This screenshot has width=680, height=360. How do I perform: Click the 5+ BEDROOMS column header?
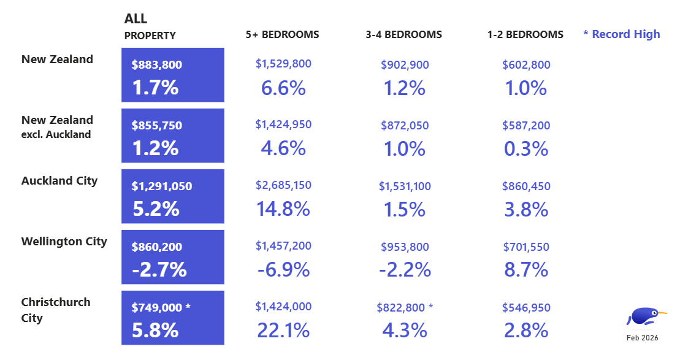click(x=282, y=34)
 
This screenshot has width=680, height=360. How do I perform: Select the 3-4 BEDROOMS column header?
click(x=403, y=34)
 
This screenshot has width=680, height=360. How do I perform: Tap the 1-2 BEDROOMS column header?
click(x=525, y=34)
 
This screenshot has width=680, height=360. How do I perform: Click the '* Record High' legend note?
click(x=621, y=34)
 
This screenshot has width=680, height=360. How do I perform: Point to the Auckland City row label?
click(x=59, y=181)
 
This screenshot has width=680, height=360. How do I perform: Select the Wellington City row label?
click(x=64, y=242)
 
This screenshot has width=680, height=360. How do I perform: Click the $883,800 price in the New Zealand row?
click(x=157, y=64)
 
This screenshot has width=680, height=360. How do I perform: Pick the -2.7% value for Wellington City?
click(x=159, y=269)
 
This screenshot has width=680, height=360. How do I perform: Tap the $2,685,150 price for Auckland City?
click(x=283, y=185)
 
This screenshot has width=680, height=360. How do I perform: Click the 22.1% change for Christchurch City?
click(x=283, y=331)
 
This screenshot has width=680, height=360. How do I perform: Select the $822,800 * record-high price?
click(x=405, y=307)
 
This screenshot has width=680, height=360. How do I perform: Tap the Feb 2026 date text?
click(x=642, y=338)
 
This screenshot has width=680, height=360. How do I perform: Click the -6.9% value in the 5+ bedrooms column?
click(x=283, y=269)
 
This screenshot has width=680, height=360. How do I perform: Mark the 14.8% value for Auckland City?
click(x=283, y=209)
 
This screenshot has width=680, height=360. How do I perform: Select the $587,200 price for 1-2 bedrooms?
click(x=526, y=125)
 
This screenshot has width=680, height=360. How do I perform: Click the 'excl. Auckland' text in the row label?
click(x=56, y=134)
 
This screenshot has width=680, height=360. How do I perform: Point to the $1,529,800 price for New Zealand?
click(x=283, y=64)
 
